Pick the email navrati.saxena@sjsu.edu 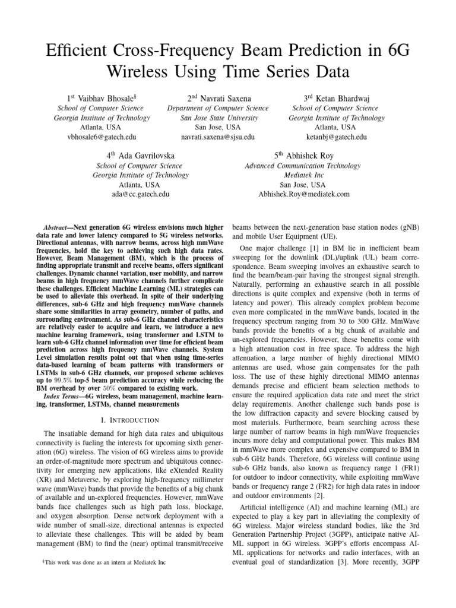(x=217, y=137)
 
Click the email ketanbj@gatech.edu (x=336, y=137)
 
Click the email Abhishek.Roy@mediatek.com (x=303, y=194)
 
